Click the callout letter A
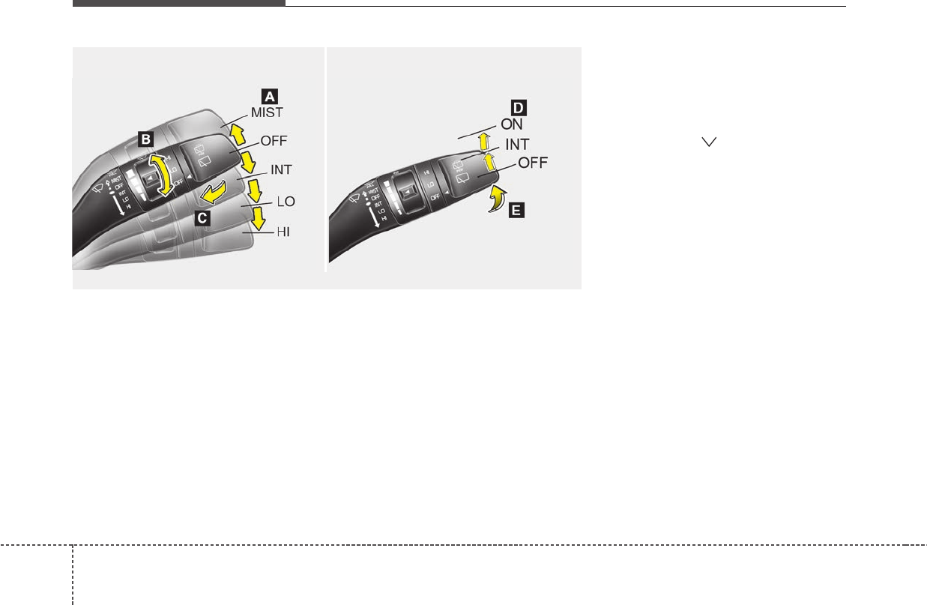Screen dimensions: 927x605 [269, 95]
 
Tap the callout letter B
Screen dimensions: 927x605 [146, 138]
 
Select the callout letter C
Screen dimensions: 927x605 [201, 219]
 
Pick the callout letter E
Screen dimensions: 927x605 [516, 211]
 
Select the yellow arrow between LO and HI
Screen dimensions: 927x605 [259, 219]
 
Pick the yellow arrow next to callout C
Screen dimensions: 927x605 [213, 193]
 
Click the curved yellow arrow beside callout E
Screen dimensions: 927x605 [495, 199]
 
